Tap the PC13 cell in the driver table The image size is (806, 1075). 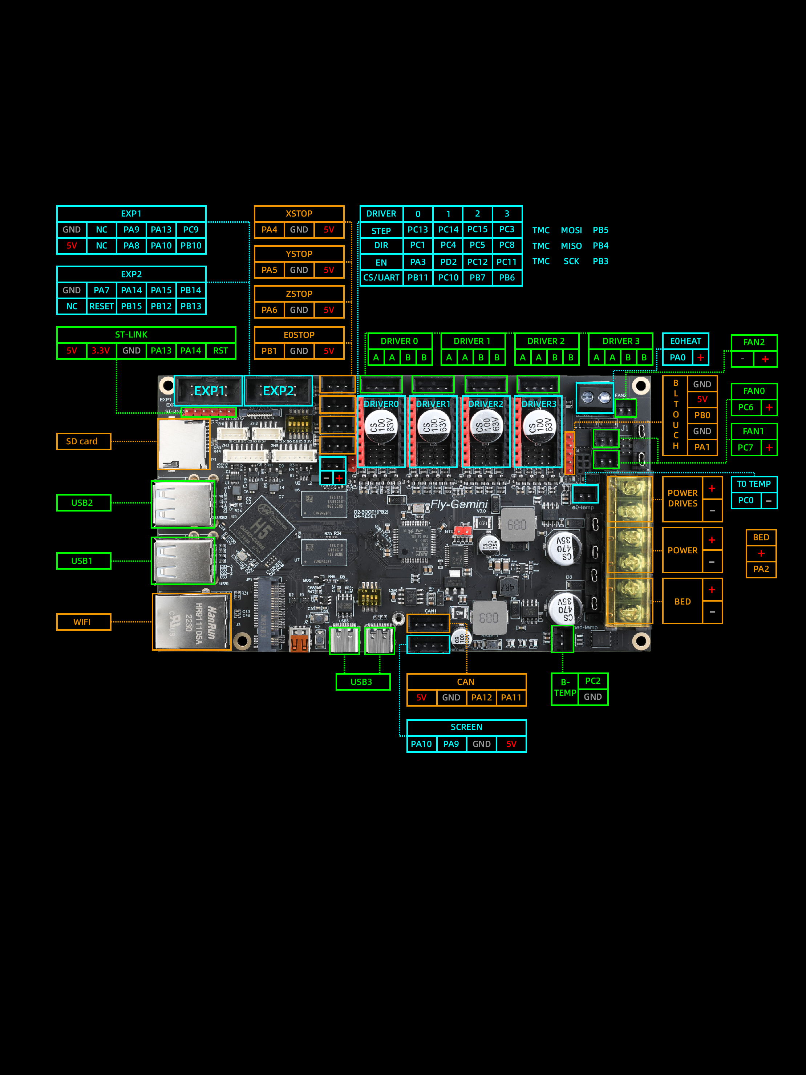pos(417,229)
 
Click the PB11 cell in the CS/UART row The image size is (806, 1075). pos(417,278)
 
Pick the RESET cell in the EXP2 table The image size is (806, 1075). pos(102,306)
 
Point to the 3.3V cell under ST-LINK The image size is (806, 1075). pos(101,350)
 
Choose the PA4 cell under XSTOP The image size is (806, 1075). pos(269,229)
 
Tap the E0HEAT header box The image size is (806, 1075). pos(685,341)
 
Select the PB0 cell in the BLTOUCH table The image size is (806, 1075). pos(702,415)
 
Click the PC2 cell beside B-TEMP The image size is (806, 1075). pos(593,681)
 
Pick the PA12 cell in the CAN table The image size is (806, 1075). pos(482,698)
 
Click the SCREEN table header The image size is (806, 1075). pos(466,727)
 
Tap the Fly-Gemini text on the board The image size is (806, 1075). pos(459,505)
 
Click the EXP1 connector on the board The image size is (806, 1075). pos(208,391)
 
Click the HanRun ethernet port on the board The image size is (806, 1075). pos(192,622)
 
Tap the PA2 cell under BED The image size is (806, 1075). pos(761,569)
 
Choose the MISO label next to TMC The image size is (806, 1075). pos(571,246)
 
